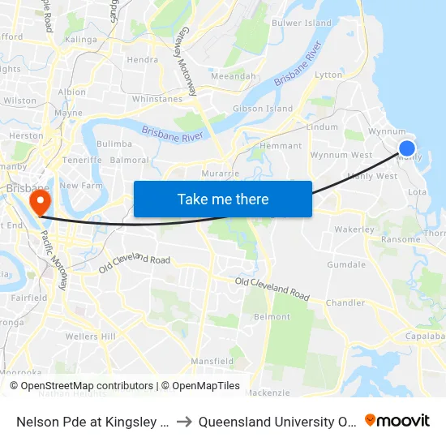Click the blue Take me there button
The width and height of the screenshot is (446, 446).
223,199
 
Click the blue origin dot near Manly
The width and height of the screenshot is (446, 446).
407,148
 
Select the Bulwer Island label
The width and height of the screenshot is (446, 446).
301,24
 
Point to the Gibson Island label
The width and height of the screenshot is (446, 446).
263,109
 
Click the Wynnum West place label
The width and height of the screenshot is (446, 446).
341,155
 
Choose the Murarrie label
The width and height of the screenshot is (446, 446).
221,174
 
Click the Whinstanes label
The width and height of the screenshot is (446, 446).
157,99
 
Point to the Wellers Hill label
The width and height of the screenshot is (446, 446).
92,337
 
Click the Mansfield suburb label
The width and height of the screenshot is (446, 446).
212,360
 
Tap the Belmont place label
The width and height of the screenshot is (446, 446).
272,316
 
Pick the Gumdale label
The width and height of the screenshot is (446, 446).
346,265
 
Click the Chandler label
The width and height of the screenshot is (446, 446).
345,302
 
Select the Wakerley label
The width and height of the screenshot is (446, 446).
354,229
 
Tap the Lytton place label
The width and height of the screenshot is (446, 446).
328,75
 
